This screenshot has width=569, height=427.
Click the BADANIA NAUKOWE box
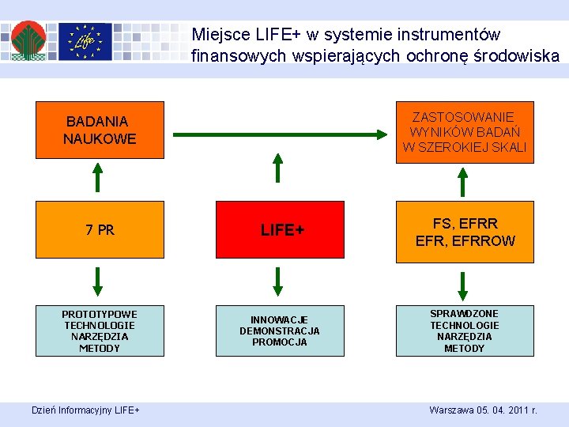point(100,130)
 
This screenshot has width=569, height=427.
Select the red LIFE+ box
point(280,230)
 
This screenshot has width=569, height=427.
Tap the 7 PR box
point(100,230)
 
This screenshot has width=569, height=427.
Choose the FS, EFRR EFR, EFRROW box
point(465,232)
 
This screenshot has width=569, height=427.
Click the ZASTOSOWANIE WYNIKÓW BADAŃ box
point(465,132)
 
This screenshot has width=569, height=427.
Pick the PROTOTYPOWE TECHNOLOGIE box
point(100,331)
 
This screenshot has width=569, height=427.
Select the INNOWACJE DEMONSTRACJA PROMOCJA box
point(280,331)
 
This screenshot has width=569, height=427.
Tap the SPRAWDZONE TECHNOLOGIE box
point(465,331)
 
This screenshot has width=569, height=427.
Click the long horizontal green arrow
point(281,135)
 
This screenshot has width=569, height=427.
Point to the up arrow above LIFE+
point(277,169)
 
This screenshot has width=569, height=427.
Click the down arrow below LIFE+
point(277,281)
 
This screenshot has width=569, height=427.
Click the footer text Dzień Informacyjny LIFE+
point(85,410)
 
